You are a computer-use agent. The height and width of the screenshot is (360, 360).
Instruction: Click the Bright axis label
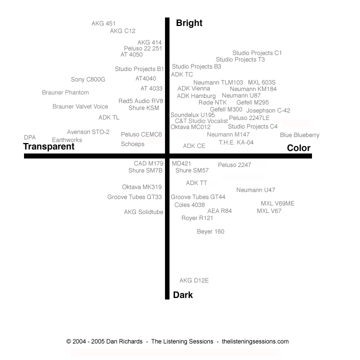click(x=189, y=23)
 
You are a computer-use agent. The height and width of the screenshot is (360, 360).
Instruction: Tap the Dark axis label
click(x=183, y=295)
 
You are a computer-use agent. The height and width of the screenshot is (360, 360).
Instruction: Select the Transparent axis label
click(x=48, y=146)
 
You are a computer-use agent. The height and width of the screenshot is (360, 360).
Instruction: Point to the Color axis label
click(x=298, y=148)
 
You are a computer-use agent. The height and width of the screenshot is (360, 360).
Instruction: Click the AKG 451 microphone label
click(x=103, y=23)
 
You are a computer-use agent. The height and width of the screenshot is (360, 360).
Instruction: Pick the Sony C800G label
click(x=88, y=79)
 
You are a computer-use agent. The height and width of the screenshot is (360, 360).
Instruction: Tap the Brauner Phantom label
click(x=65, y=92)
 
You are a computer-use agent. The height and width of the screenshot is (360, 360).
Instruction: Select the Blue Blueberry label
click(x=299, y=135)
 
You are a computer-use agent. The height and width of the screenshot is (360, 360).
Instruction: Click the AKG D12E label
click(x=194, y=280)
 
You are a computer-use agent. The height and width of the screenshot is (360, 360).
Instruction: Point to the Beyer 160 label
click(x=210, y=231)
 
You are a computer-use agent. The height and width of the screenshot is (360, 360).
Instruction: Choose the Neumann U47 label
click(x=256, y=190)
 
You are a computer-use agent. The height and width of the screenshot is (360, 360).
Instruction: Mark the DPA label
click(x=30, y=137)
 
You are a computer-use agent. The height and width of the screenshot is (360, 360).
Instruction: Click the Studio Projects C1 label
click(x=257, y=53)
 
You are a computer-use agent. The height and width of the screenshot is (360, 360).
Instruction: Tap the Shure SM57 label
click(x=192, y=170)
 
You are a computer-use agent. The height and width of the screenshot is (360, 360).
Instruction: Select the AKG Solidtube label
click(x=143, y=212)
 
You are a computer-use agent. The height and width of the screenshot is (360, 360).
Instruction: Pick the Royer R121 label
click(x=197, y=218)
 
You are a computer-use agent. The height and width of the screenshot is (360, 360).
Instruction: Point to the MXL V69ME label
click(x=277, y=203)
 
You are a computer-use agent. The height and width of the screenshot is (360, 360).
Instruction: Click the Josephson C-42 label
click(x=268, y=110)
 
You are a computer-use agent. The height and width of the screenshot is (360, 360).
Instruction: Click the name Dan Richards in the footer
click(x=124, y=341)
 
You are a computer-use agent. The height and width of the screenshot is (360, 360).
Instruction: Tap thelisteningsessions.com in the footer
click(x=255, y=341)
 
